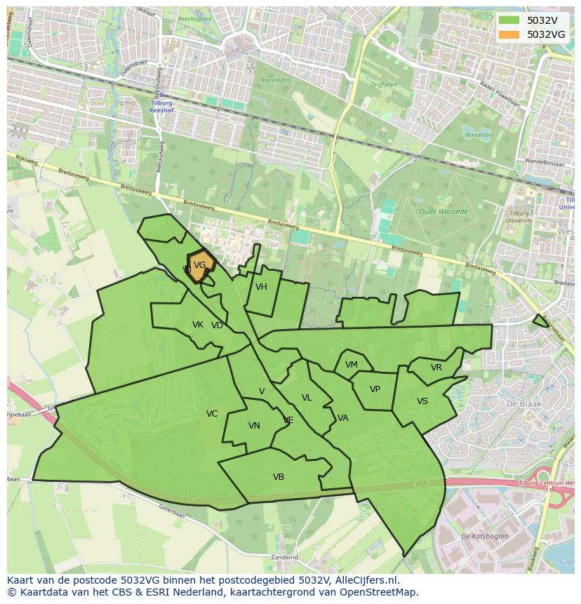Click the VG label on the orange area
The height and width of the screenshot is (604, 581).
click(199, 265)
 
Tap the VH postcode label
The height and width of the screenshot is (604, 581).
click(261, 287)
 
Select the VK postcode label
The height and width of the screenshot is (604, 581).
click(198, 325)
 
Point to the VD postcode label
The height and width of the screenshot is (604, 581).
click(217, 326)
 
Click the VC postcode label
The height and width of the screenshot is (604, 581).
click(212, 414)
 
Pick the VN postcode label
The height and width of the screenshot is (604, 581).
click(254, 426)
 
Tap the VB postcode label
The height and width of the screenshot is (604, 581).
click(279, 477)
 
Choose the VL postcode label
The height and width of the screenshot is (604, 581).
click(307, 398)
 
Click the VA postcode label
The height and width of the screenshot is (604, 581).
click(342, 418)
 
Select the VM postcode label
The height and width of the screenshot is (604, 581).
click(352, 365)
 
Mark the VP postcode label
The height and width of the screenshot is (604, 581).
click(375, 389)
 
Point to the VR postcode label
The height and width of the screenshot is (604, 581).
click(436, 368)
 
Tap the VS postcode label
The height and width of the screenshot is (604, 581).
click(422, 401)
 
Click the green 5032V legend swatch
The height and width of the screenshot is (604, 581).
click(509, 20)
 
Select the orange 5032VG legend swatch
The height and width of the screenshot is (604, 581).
click(509, 34)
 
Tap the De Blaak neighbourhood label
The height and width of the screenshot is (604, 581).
click(521, 405)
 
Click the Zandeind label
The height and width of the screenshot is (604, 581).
click(284, 558)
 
